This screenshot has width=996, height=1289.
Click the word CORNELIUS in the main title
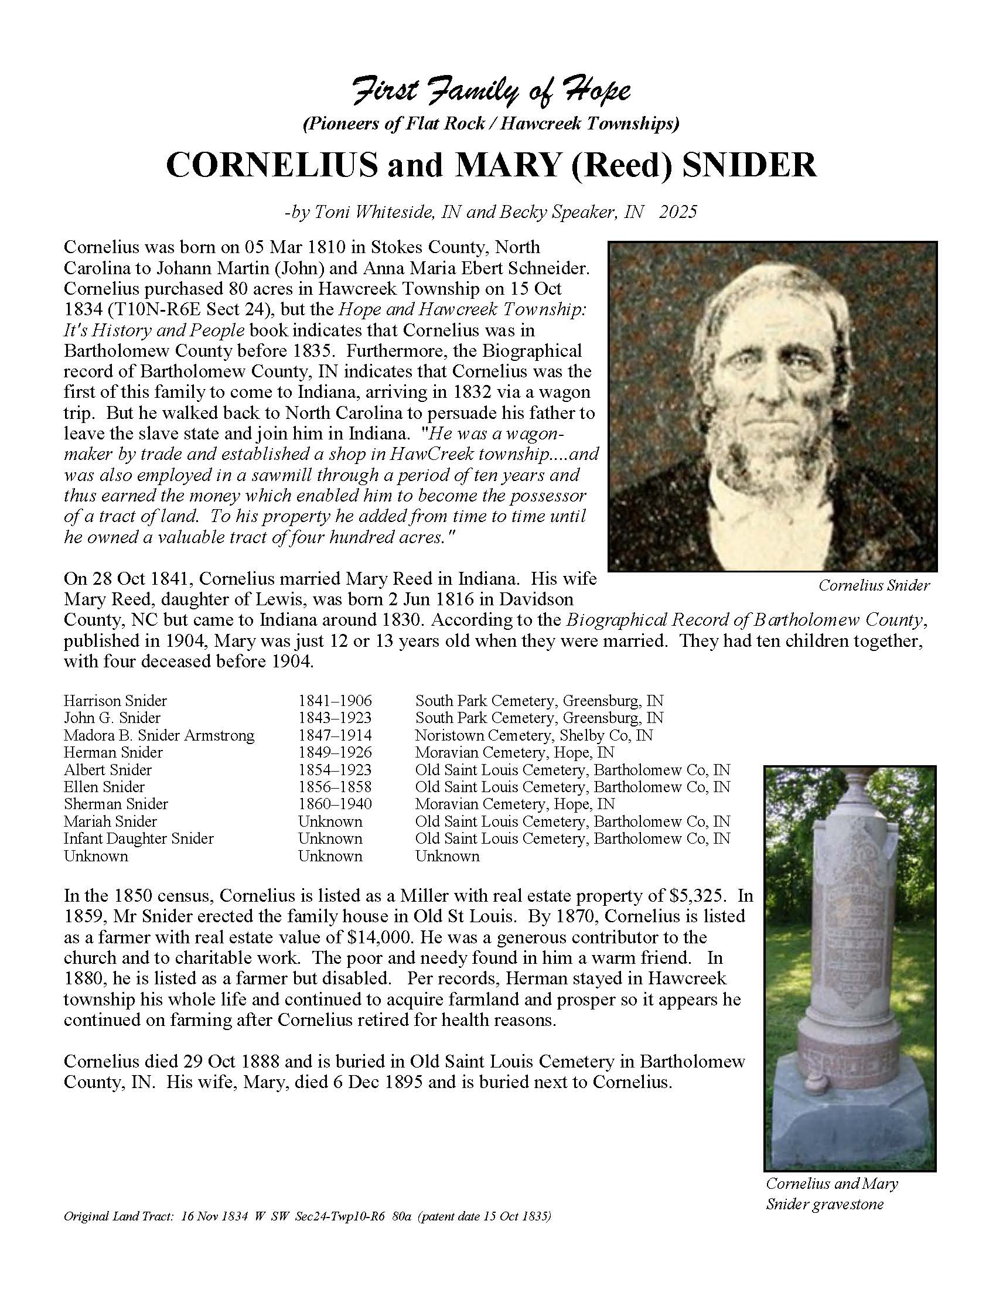(x=271, y=165)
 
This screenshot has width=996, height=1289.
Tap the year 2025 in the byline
(x=678, y=212)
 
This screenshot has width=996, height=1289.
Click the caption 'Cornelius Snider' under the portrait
(x=874, y=585)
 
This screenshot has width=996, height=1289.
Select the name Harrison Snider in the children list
(x=115, y=701)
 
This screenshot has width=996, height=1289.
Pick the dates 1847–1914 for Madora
(x=335, y=735)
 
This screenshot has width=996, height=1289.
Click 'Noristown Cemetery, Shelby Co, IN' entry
(x=533, y=735)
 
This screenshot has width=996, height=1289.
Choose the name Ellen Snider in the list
(x=104, y=787)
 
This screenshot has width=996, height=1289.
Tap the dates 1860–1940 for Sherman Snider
(x=335, y=804)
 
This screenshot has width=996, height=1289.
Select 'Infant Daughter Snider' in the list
(x=138, y=838)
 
